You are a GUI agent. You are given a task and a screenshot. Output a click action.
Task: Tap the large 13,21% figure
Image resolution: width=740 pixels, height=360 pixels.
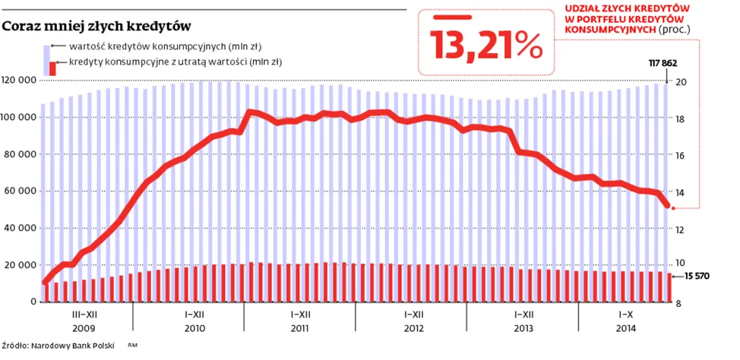click(x=486, y=44)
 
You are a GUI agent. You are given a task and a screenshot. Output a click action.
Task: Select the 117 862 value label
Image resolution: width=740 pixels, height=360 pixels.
click(x=662, y=63)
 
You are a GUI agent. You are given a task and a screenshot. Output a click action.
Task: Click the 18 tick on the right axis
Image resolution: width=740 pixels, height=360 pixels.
click(x=681, y=119)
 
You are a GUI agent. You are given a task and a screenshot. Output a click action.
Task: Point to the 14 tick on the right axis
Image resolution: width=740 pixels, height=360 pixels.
click(x=681, y=192)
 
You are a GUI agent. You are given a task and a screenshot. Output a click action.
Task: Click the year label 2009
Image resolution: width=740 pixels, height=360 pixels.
click(x=84, y=329)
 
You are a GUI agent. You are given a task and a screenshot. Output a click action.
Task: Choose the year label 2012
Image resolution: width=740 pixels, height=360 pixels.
click(x=413, y=329)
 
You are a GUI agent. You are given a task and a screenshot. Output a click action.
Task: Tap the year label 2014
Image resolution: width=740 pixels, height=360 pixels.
click(x=626, y=329)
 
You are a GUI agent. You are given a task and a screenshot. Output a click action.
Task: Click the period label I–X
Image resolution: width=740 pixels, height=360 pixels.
click(x=626, y=314)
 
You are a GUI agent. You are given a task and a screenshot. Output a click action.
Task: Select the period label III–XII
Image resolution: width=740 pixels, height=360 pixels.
click(x=84, y=314)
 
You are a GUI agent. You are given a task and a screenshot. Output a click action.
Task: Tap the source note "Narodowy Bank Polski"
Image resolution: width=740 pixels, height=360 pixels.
click(x=72, y=346)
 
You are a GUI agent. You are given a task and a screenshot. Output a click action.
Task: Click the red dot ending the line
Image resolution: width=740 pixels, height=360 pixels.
click(x=669, y=207)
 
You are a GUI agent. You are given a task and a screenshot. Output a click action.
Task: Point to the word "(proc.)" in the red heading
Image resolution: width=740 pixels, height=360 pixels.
click(x=675, y=29)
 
